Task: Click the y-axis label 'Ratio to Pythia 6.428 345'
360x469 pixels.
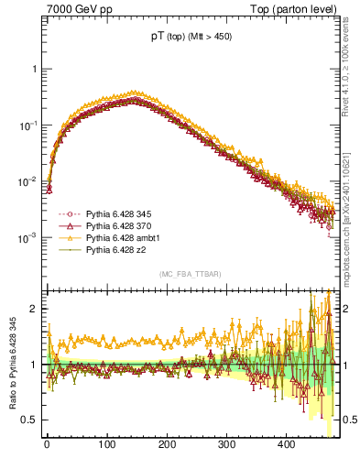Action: coord(13,366)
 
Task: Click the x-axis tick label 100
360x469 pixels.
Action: coord(106,444)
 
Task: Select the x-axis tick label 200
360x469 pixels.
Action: coord(167,444)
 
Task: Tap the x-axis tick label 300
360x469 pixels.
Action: coord(226,444)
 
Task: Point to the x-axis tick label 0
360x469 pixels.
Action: coord(47,444)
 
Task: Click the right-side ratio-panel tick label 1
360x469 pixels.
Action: coord(346,365)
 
